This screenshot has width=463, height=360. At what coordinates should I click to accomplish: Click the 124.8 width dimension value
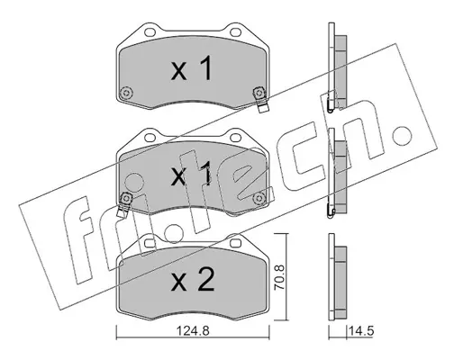coord(193,331)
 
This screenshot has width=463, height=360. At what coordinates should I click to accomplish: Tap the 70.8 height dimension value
coord(280,277)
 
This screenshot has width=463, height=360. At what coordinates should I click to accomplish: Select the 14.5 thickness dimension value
coord(361,331)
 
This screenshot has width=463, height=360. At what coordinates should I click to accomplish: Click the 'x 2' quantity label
coord(193,281)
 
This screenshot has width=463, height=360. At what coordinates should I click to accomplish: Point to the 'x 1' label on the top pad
coord(192,68)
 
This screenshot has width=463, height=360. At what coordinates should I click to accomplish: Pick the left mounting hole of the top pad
coord(150,31)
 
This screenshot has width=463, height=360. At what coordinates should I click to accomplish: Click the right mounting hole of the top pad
coord(235,31)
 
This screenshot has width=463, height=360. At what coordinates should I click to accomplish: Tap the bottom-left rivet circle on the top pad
coord(126,93)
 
